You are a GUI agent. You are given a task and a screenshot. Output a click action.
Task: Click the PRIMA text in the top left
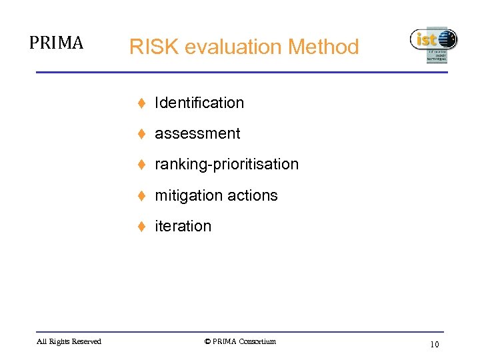[x=56, y=43]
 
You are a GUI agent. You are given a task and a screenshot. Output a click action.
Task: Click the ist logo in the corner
[x=433, y=44]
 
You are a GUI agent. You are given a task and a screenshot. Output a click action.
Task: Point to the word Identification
[x=199, y=103]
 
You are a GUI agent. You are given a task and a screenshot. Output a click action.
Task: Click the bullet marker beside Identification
[x=142, y=103]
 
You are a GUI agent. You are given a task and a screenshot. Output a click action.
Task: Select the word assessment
[x=197, y=133]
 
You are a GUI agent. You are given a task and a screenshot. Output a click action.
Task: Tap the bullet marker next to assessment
[x=142, y=134]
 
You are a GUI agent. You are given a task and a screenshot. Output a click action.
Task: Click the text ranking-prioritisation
[x=227, y=164]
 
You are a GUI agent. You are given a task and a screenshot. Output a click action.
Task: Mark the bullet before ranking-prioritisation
[x=142, y=165]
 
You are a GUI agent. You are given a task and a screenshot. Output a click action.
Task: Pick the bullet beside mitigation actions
[x=142, y=196]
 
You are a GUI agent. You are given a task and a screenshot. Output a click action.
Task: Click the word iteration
[x=183, y=226]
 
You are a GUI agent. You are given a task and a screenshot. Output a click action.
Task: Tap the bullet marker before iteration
[x=142, y=227]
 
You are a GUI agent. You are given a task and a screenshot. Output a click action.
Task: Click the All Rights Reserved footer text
[x=69, y=342]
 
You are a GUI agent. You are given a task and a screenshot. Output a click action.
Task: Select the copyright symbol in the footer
[x=207, y=342]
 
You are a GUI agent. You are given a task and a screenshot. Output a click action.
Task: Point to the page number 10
[x=434, y=345]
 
